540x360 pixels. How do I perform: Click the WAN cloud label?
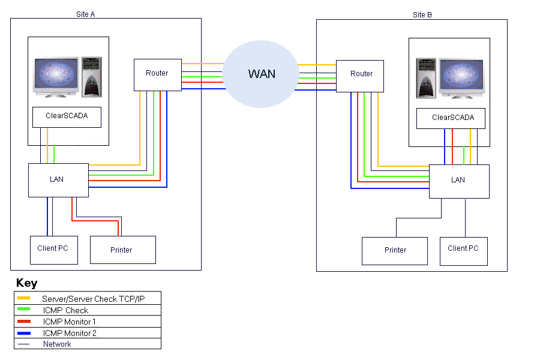tap(262, 74)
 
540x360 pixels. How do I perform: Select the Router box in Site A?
tap(157, 74)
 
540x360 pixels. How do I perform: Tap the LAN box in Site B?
tap(458, 181)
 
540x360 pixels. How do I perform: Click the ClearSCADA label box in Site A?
tap(67, 116)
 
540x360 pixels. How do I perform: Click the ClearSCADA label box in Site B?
tap(453, 118)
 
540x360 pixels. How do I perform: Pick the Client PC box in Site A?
tap(54, 250)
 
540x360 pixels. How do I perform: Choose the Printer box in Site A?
tap(122, 250)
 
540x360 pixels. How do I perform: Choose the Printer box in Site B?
tap(395, 251)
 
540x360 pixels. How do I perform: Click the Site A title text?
tap(86, 14)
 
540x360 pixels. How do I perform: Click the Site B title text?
tap(422, 14)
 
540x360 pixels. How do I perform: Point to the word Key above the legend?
tap(26, 283)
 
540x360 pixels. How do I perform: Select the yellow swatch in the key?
tap(24, 298)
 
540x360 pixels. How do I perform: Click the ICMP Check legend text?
tap(65, 310)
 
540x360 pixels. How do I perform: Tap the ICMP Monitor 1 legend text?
tap(70, 322)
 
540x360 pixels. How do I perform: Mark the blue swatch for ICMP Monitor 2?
tap(24, 332)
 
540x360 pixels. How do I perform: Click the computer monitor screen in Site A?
tap(56, 77)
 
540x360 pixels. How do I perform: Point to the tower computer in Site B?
tap(427, 78)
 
